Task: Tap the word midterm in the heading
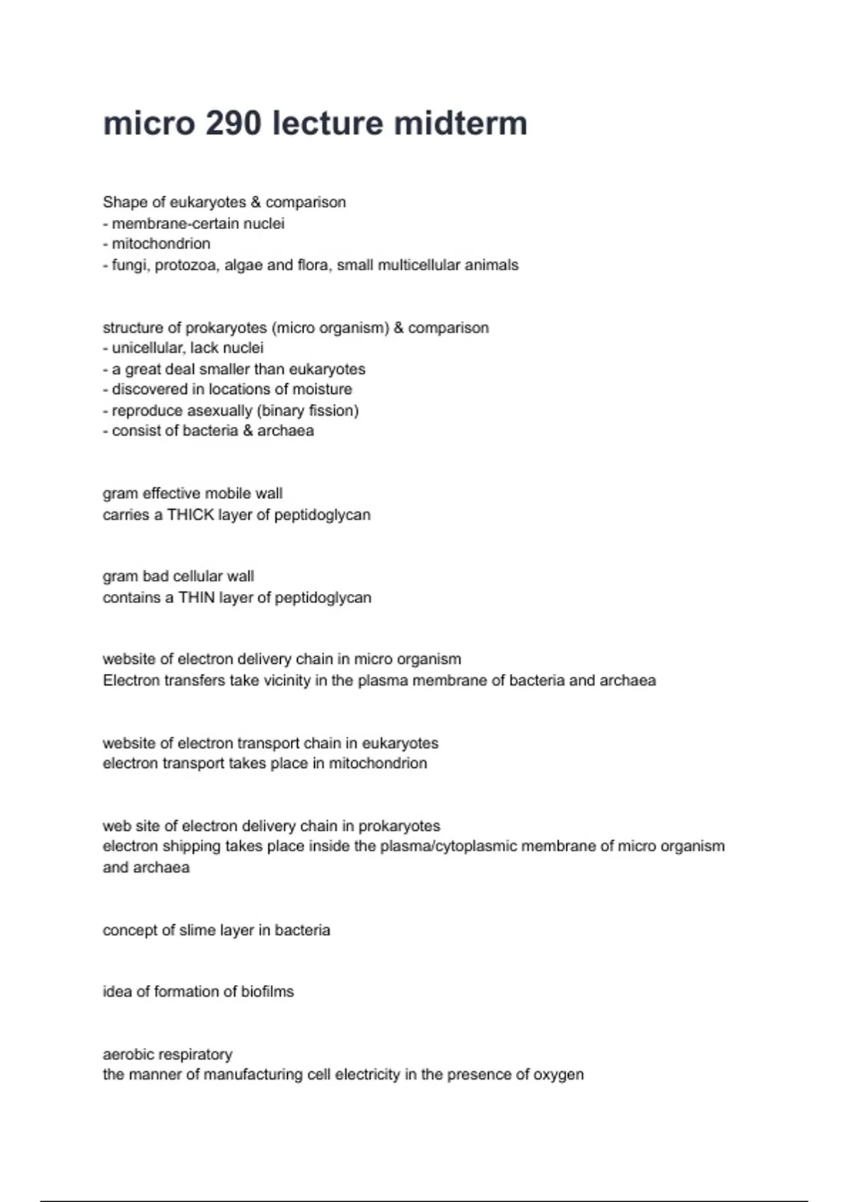tap(460, 124)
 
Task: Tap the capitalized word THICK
tap(190, 515)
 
